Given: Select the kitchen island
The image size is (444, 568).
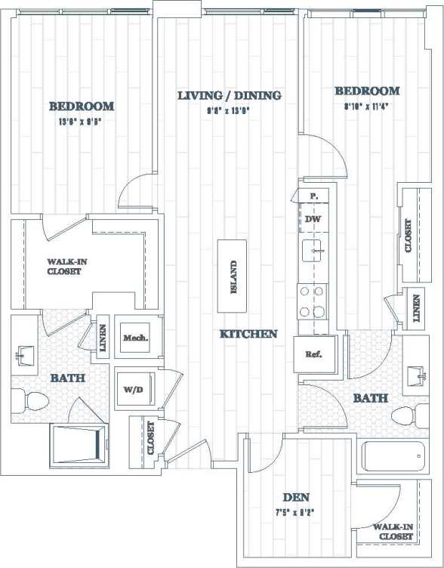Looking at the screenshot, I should point(233,276).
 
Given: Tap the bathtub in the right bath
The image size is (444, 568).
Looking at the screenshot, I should point(393,458).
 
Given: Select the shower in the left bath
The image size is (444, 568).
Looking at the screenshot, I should point(79,446).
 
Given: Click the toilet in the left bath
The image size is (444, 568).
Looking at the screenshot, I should point(31,399).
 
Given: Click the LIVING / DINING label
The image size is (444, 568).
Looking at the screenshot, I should point(230,95).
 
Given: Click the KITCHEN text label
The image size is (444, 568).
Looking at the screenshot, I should point(248,333).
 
